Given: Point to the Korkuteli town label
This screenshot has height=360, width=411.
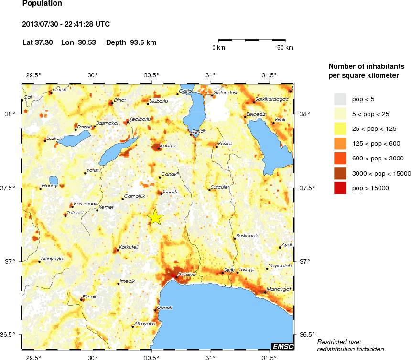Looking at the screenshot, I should pyautogui.click(x=129, y=247).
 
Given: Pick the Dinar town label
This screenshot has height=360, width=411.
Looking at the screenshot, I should pyautogui.click(x=119, y=100).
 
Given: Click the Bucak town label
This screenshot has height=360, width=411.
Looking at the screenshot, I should pyautogui.click(x=170, y=191).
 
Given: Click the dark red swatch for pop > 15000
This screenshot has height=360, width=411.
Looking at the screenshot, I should pyautogui.click(x=340, y=188).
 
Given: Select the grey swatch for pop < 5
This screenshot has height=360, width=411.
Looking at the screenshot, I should pyautogui.click(x=340, y=99).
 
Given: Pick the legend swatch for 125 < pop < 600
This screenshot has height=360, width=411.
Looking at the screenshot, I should pyautogui.click(x=340, y=143).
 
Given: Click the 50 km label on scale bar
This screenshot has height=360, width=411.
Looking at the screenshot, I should pyautogui.click(x=285, y=48).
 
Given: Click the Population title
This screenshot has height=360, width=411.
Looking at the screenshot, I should pyautogui.click(x=42, y=4).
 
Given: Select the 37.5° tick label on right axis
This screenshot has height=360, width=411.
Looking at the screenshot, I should pyautogui.click(x=306, y=188).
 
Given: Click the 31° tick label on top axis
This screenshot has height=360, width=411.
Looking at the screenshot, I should pyautogui.click(x=210, y=75).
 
